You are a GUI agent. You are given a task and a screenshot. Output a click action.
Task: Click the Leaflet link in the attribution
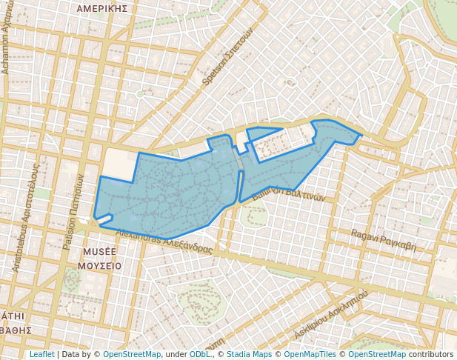pyautogui.click(x=41, y=354)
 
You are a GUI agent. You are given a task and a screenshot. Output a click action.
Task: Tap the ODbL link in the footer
pyautogui.click(x=199, y=354)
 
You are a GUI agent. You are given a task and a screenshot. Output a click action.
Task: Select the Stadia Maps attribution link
pyautogui.click(x=249, y=354)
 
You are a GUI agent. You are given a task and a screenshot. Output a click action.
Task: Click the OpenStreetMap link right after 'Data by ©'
pyautogui.click(x=131, y=354)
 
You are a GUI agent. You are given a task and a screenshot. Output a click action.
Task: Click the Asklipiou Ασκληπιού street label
pyautogui.click(x=331, y=315)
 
